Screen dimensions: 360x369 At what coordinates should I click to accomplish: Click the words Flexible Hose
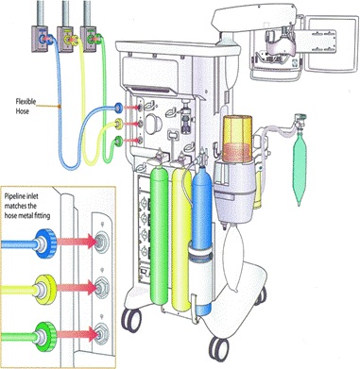click(25, 106)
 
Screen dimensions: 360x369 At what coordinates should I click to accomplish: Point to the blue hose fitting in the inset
click(46, 243)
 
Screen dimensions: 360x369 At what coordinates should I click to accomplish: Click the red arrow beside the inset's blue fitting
click(77, 242)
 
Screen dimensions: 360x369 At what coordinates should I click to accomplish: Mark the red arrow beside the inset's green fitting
click(77, 334)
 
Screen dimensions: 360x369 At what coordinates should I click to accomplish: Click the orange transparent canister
click(237, 139)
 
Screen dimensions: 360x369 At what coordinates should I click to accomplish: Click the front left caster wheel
click(131, 319)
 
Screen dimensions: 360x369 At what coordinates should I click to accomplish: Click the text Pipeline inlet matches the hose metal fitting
click(27, 206)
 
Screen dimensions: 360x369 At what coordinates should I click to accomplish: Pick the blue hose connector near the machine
click(118, 108)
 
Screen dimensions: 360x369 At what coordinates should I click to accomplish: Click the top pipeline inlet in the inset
click(101, 242)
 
